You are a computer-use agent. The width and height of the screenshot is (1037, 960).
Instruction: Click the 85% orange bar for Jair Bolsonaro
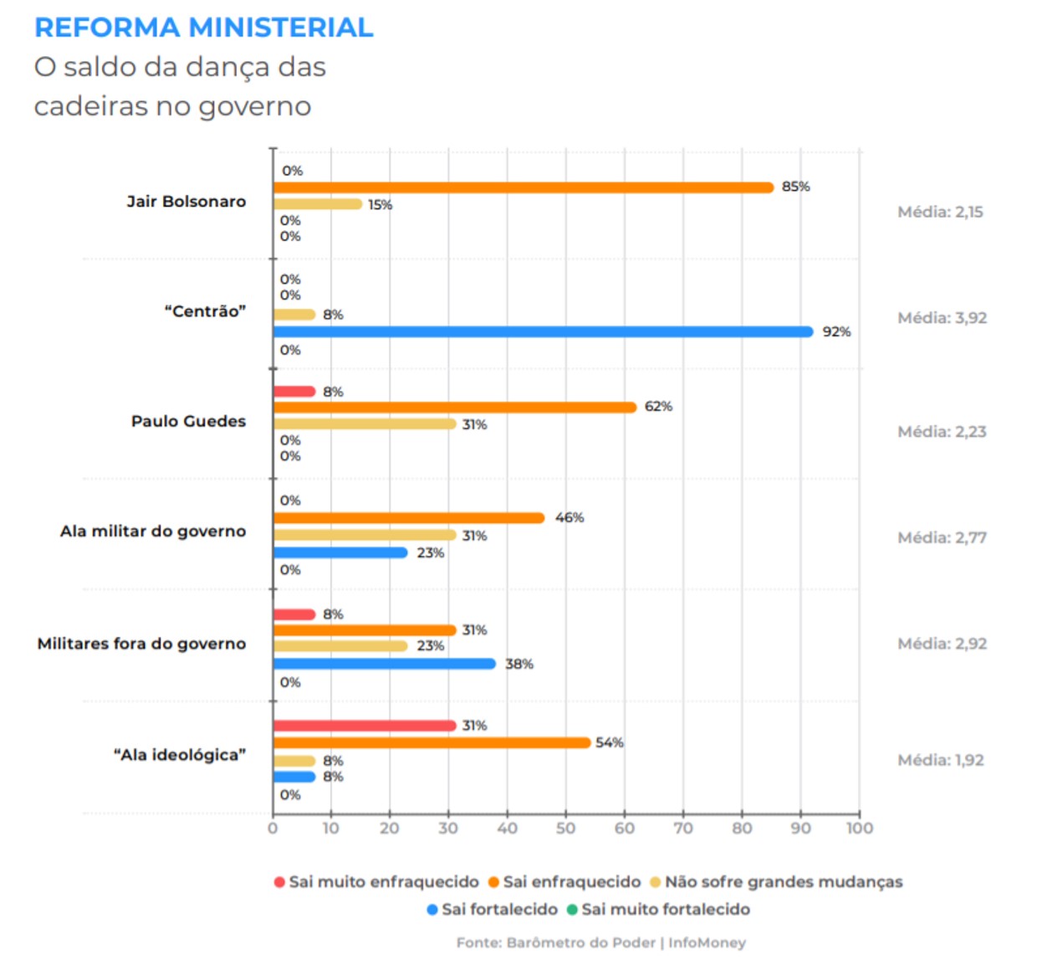(x=523, y=187)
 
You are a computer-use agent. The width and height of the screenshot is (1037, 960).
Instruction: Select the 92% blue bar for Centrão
(x=543, y=331)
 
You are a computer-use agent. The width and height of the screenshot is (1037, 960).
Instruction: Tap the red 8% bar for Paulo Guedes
(x=294, y=392)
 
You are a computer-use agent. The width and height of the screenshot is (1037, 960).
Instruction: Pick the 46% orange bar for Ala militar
(x=409, y=518)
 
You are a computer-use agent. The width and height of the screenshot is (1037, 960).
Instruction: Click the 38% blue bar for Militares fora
(x=385, y=664)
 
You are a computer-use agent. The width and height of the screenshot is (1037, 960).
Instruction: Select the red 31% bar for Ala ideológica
(x=365, y=726)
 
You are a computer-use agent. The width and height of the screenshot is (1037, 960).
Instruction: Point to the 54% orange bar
(x=432, y=742)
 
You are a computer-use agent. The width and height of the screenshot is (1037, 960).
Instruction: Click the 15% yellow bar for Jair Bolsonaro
(x=318, y=204)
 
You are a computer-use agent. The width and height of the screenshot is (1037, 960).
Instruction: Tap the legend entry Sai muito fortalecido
(x=665, y=909)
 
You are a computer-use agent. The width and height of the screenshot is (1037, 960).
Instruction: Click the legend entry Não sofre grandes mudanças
(x=783, y=881)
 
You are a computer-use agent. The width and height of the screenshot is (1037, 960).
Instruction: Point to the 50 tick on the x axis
(x=565, y=828)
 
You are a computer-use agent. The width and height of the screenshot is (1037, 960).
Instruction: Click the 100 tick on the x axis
(x=859, y=828)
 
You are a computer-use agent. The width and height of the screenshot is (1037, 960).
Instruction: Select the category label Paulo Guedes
(x=188, y=421)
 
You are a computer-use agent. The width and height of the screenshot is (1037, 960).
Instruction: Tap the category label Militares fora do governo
(x=141, y=644)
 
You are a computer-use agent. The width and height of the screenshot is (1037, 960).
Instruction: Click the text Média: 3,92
(x=942, y=318)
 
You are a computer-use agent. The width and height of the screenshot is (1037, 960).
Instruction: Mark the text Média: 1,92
(x=940, y=760)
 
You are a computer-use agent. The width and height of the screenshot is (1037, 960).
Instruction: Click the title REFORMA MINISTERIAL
(x=204, y=28)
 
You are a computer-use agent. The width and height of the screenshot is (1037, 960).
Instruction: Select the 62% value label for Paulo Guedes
(x=658, y=406)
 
